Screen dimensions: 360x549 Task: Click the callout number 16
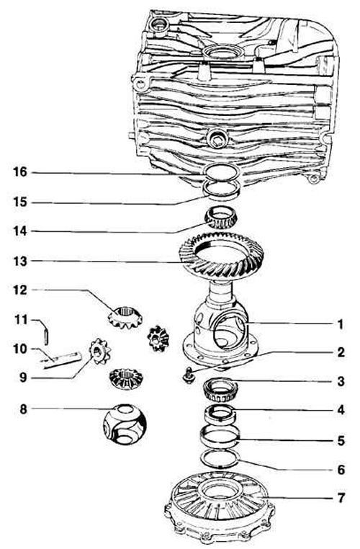coord(20,172)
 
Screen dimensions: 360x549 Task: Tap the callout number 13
coord(20,261)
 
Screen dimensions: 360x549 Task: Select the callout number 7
coord(341,498)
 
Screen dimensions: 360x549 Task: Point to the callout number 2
coord(341,352)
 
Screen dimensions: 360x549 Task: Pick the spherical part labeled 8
coord(124,424)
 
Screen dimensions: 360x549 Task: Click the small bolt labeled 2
coord(189,375)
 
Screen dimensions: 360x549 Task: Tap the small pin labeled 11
coord(46,336)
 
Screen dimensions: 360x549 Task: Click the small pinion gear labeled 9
coord(99,351)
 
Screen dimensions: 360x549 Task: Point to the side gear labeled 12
coord(125,317)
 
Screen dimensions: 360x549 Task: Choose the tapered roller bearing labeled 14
coord(221,219)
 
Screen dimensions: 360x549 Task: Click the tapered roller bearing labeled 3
coord(221,390)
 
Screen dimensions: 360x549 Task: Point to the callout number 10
coord(20,349)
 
